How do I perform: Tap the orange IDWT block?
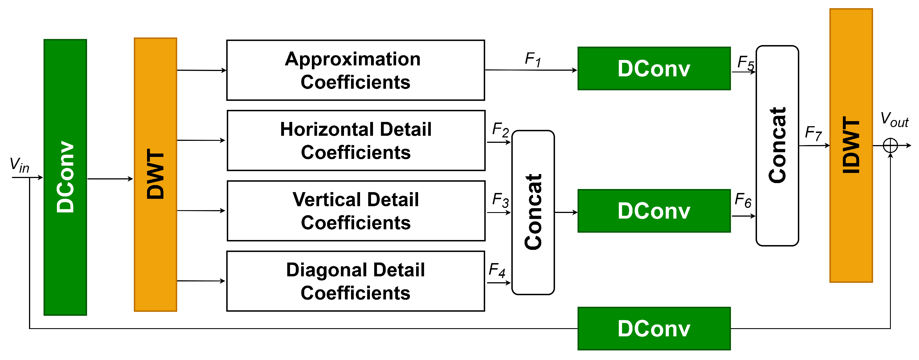(x=851, y=145)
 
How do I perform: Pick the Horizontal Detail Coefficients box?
(x=356, y=140)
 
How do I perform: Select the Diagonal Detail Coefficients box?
(x=355, y=281)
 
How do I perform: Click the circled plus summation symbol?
(x=890, y=145)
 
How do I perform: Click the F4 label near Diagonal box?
(x=497, y=270)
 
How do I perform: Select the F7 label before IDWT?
(x=813, y=134)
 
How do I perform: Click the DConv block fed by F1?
(x=654, y=68)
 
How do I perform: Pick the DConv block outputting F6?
(x=654, y=211)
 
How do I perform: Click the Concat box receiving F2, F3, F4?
(x=533, y=212)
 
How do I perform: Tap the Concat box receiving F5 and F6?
(x=777, y=145)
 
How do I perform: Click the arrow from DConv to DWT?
(x=110, y=179)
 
